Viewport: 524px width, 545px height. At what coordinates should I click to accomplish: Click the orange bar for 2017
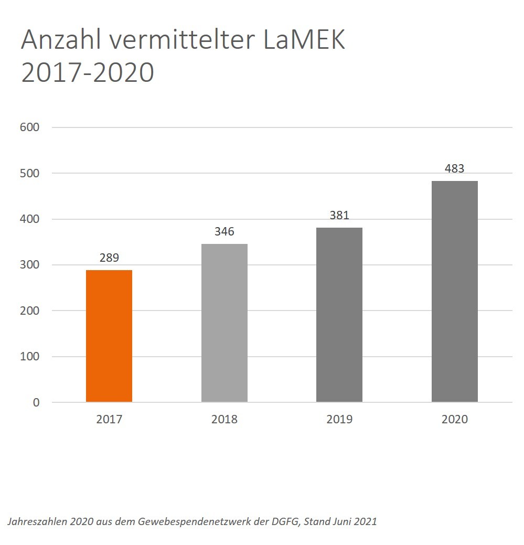pos(109,336)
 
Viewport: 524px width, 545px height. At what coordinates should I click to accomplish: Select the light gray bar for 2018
pos(224,323)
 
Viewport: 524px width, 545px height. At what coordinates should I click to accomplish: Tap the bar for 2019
pos(339,315)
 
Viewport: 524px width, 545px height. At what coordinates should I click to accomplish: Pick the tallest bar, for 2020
pos(455,292)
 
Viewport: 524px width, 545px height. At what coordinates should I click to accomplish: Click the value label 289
pos(109,258)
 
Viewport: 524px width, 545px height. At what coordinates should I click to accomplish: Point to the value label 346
pos(224,231)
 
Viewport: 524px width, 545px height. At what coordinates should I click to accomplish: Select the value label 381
pos(339,216)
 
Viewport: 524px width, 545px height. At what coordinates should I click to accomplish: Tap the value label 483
pos(454,169)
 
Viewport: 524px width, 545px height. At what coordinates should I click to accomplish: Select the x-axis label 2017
pos(109,420)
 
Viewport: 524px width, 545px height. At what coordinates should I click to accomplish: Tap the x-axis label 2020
pos(455,420)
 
